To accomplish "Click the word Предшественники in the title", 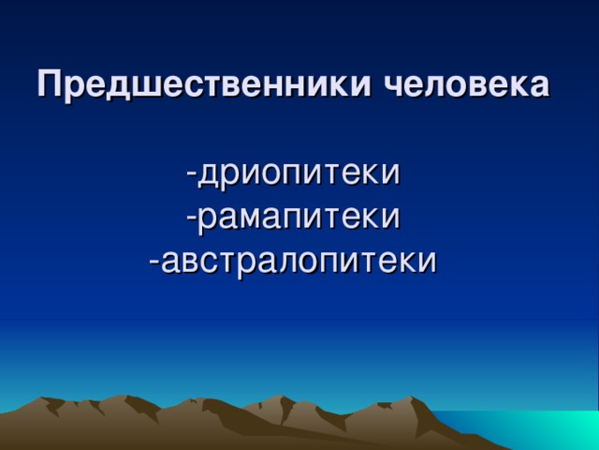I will pos(193,85).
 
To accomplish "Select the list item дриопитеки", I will pos(299,173).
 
